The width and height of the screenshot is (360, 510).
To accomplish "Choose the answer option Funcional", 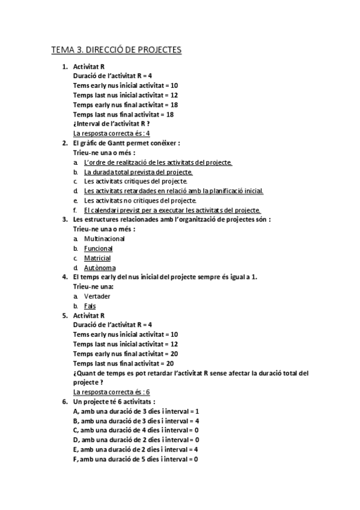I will (x=98, y=248).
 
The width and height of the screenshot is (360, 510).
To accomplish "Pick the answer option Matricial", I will (x=97, y=258).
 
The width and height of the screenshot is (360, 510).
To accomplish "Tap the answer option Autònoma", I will (x=100, y=268).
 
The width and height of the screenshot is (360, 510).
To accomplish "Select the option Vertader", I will (x=97, y=296).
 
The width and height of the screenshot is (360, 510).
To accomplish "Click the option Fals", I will (x=90, y=306).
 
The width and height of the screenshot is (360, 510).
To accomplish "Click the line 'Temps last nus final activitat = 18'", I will (x=123, y=114).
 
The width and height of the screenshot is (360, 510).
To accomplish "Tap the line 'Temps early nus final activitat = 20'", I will (x=124, y=354).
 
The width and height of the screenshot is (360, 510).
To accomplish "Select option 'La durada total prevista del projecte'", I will (x=138, y=172).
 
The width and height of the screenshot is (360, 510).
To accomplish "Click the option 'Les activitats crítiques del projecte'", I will (x=136, y=181).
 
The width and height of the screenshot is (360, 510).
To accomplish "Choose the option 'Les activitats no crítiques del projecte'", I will (x=140, y=200).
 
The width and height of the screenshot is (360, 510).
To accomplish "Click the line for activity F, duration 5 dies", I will (x=136, y=459).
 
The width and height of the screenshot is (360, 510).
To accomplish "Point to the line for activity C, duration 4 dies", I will (x=136, y=430).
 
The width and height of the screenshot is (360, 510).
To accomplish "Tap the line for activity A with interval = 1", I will (x=136, y=411).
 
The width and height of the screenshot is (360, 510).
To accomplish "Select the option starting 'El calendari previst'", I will (x=172, y=210).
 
